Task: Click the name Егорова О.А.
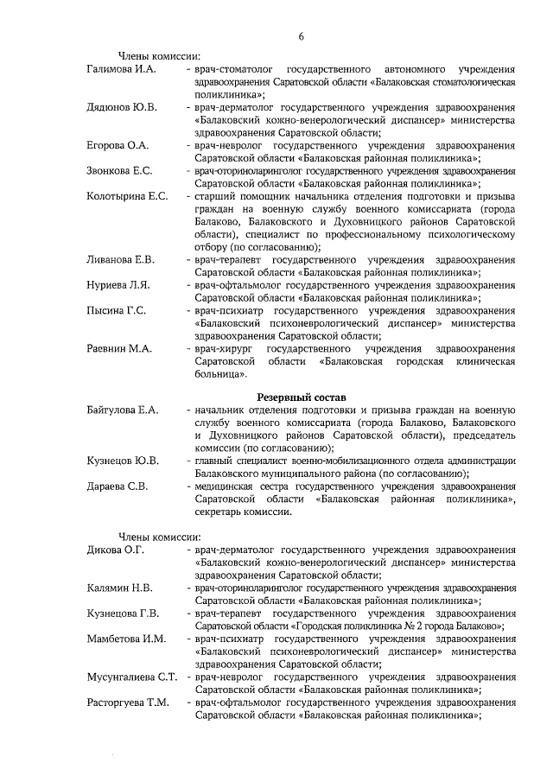(118, 145)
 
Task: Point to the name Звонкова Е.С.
(119, 170)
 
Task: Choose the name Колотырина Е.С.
(127, 196)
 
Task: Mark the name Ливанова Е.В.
(121, 259)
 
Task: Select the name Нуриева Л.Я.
(119, 285)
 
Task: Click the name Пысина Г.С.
(117, 310)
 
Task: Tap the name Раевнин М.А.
(119, 348)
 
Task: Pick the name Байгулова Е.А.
(123, 410)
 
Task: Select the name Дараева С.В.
(118, 486)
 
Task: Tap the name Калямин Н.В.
(120, 588)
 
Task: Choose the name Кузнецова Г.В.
(124, 614)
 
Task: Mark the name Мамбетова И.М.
(126, 639)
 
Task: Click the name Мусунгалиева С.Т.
(132, 677)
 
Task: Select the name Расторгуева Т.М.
(128, 703)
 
